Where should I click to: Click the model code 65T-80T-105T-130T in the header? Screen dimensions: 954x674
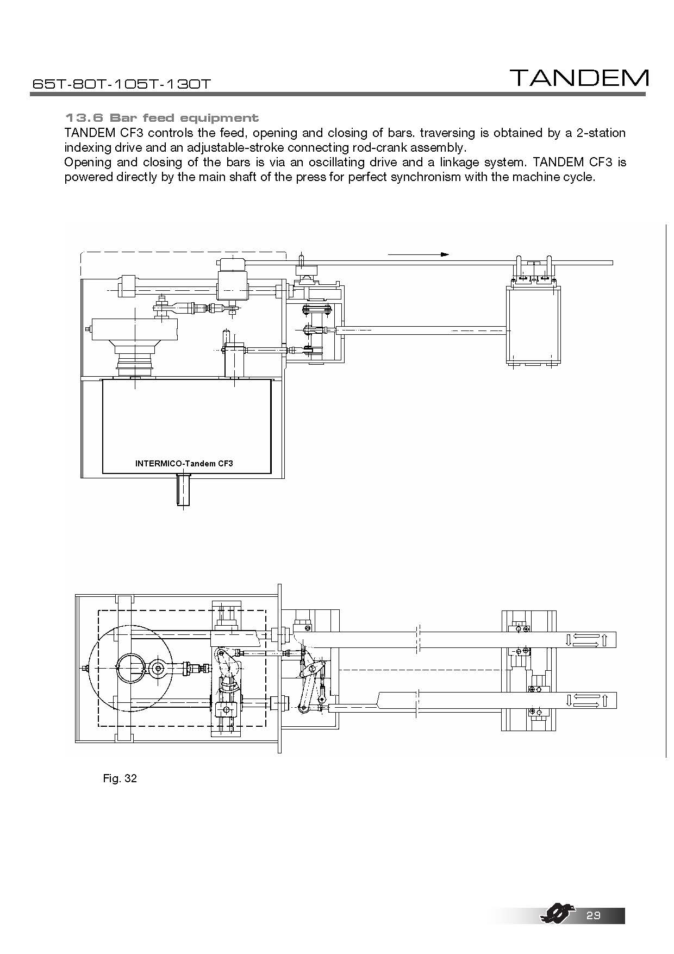click(x=121, y=84)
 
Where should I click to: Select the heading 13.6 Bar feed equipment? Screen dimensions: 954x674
click(x=161, y=117)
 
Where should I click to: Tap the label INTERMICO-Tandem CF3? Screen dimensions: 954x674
click(x=184, y=464)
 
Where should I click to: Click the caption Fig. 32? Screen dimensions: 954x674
click(x=120, y=778)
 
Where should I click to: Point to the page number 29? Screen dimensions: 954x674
click(x=594, y=916)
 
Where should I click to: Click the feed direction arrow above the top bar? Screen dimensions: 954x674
click(x=419, y=254)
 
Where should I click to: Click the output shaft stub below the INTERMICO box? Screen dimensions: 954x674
click(x=184, y=489)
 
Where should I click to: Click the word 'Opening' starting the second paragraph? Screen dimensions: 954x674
click(x=86, y=163)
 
